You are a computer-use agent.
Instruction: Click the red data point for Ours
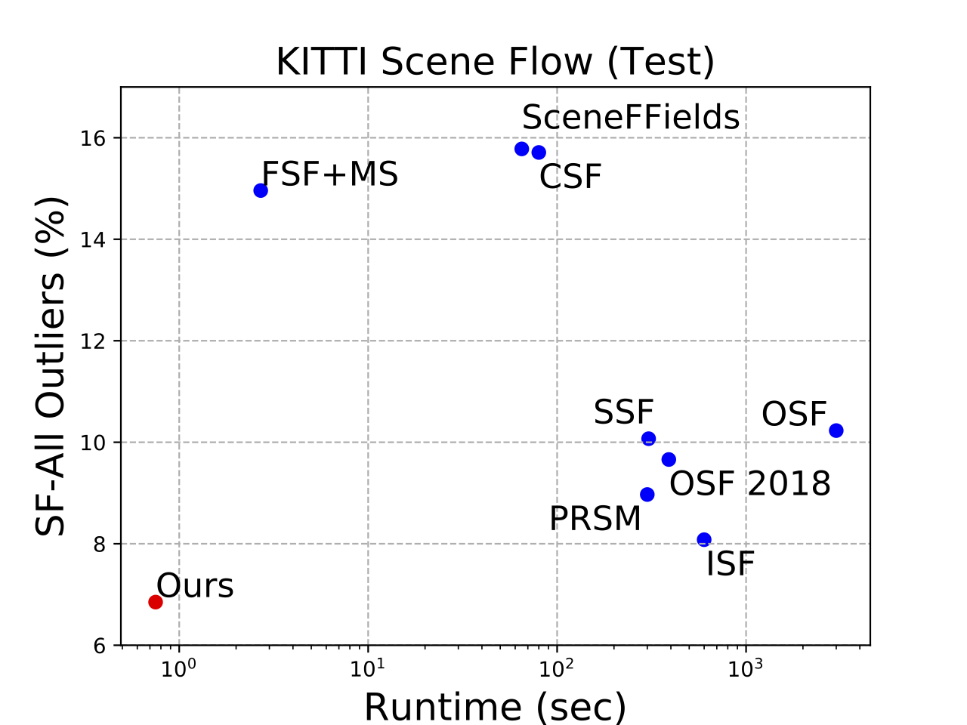(156, 602)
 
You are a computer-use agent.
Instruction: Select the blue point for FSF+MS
(261, 190)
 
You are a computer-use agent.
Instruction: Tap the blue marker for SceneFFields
(521, 149)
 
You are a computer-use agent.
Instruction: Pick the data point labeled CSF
(539, 153)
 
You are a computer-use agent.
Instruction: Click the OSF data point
(836, 430)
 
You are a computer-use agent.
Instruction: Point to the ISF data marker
(704, 539)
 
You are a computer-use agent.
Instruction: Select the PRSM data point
(647, 495)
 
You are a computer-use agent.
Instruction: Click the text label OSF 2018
(750, 484)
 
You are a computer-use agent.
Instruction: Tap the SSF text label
(623, 412)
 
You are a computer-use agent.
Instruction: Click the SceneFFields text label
(631, 118)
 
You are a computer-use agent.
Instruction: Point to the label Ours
(195, 586)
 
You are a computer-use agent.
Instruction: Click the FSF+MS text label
(329, 174)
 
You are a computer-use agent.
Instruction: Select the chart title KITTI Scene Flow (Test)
(495, 62)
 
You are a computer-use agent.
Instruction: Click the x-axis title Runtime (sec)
(495, 707)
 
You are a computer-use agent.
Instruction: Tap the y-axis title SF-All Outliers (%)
(51, 366)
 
